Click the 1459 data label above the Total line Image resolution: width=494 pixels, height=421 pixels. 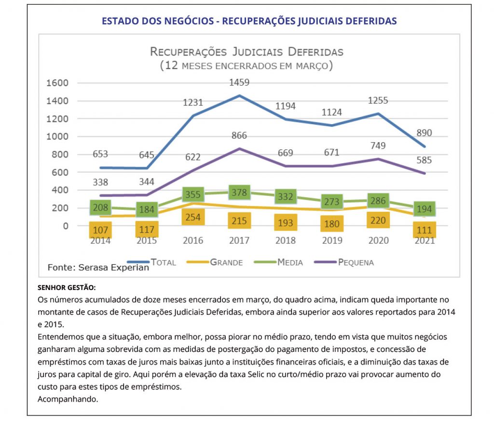[239, 83]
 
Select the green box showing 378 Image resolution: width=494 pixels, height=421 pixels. [239, 192]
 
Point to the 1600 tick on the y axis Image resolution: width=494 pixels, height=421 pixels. [57, 83]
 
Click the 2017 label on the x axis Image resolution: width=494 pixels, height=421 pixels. [239, 240]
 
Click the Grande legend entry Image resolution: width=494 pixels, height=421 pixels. [226, 262]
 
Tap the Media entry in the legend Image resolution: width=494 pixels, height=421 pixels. [290, 262]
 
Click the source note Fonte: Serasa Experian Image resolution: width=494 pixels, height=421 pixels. [98, 267]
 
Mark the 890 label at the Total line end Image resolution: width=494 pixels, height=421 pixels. [425, 133]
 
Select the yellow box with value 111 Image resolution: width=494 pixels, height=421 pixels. [425, 231]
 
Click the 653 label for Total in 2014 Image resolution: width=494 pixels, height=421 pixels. [100, 154]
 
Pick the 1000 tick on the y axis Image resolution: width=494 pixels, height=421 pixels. [57, 137]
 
